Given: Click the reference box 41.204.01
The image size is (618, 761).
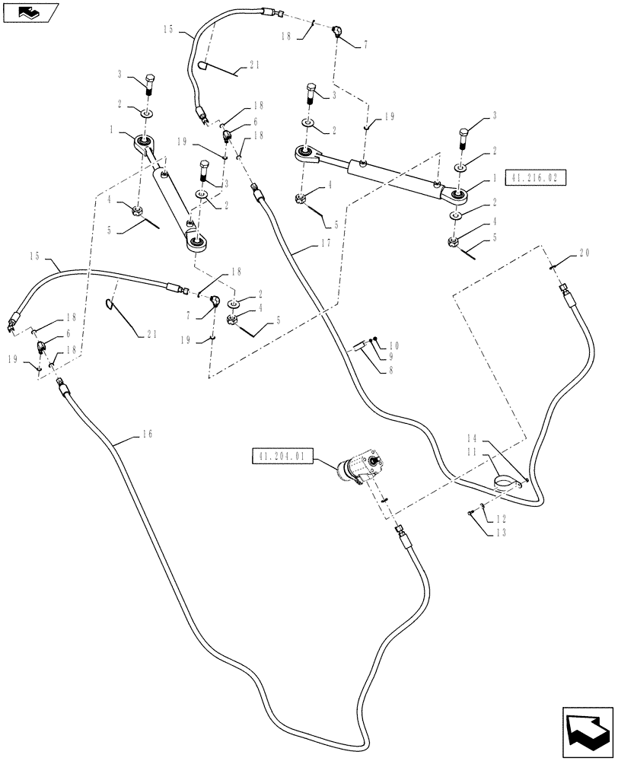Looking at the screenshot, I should point(281,457).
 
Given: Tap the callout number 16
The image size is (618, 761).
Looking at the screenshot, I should point(148,434).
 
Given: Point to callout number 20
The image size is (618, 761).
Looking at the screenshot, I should point(585,253).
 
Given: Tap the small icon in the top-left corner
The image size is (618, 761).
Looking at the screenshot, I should point(28,11).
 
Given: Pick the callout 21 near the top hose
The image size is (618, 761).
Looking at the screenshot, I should point(253,66).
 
